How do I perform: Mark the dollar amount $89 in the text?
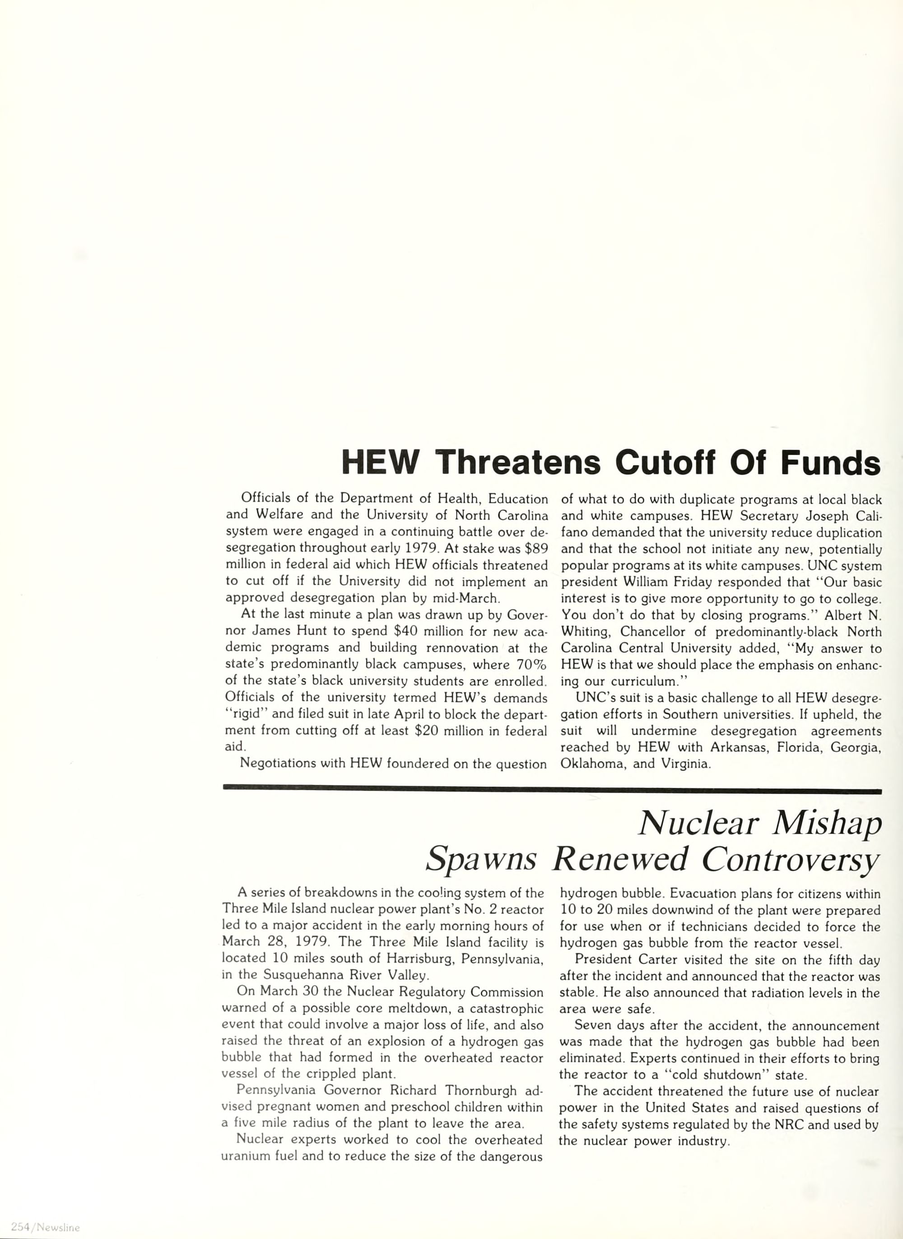pos(536,548)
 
